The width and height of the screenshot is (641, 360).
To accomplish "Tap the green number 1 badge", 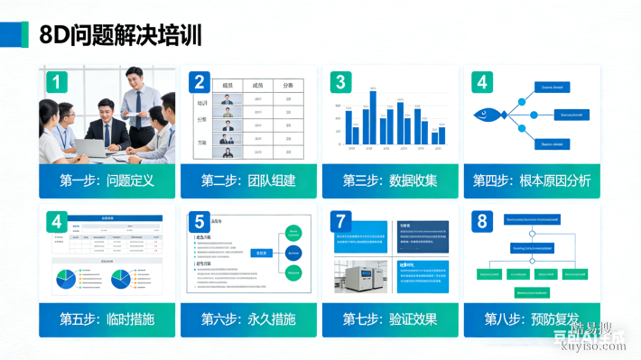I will point(57,84).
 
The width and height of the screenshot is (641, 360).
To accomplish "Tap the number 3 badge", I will point(339,83).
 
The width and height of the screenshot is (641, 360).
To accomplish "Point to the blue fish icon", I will point(488,115).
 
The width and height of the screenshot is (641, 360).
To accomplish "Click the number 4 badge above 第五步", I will point(57,221).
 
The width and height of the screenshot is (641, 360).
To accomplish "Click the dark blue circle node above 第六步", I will point(293,254).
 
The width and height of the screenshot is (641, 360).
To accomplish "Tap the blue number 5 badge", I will point(199,221).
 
